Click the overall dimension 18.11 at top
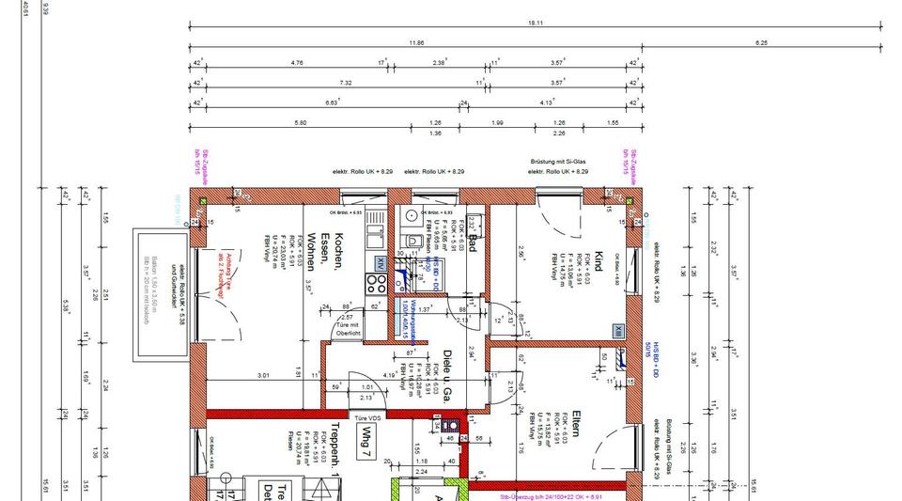coord(536,22)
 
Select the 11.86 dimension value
coord(416,43)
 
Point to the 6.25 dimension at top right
coord(761,43)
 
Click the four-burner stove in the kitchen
coord(377,282)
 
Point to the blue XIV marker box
coord(380,262)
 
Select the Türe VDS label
coord(367,416)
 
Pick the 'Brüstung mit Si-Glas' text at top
coord(559,162)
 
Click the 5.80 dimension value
coord(300,123)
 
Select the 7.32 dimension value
coord(346,83)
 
